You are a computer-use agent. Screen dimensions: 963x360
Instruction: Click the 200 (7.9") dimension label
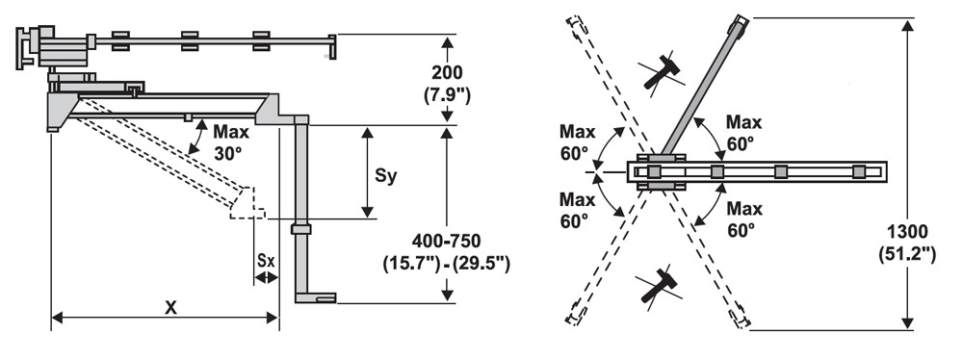coord(447,84)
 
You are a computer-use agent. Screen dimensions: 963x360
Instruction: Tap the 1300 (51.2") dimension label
coord(907,243)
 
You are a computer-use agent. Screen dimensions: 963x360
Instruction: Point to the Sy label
coord(386,176)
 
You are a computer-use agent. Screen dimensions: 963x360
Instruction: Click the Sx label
coord(266,260)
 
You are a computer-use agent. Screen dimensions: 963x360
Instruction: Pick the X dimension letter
coord(170,307)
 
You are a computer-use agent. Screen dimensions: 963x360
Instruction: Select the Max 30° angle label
coord(231,142)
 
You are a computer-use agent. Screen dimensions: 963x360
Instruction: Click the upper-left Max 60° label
coord(577,142)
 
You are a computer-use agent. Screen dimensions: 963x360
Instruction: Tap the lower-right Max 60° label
coord(744,219)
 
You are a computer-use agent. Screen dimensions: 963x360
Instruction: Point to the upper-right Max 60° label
coord(743,133)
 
